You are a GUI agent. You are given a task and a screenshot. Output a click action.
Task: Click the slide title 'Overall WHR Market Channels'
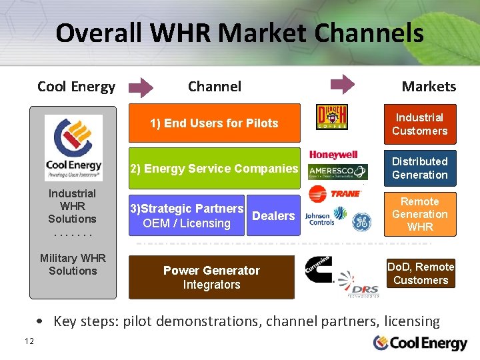pos(239,33)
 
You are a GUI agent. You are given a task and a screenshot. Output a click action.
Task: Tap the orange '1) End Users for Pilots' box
pos(214,123)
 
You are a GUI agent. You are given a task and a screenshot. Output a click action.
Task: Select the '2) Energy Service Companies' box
pos(214,169)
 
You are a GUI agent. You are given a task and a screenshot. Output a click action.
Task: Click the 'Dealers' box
pos(273,216)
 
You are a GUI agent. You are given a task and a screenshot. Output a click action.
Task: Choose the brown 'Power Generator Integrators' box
pos(211,277)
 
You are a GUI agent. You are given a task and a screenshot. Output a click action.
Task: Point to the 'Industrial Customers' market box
pos(420,125)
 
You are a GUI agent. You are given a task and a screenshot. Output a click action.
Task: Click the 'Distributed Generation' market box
pos(420,168)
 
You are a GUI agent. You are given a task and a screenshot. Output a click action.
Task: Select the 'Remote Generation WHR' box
pos(420,214)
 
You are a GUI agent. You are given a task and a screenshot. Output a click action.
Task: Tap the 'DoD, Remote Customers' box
pos(421,273)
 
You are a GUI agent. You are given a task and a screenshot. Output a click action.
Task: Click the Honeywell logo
pos(333,155)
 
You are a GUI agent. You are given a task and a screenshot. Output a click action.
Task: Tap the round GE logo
pos(361,222)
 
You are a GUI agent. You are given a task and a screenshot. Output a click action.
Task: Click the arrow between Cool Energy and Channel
pos(141,87)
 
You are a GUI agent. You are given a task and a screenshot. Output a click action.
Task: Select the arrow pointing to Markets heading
pos(343,85)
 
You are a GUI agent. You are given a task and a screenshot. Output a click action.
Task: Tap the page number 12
pos(29,341)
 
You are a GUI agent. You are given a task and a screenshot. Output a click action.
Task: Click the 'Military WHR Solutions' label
pos(73,265)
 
